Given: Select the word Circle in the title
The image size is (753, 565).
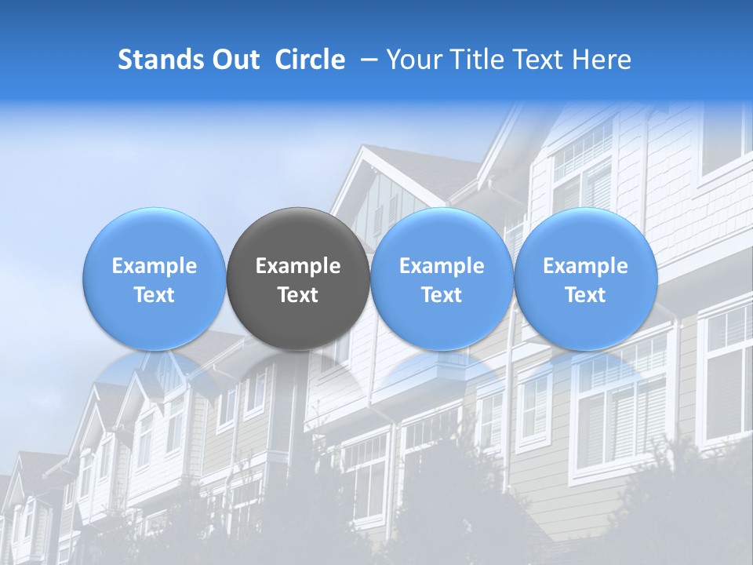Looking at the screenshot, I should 310,60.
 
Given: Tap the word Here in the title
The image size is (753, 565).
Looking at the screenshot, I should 600,60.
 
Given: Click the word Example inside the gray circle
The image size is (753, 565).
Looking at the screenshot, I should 298,266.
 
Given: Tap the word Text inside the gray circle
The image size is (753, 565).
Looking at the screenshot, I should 298,295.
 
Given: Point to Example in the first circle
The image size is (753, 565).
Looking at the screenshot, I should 155,266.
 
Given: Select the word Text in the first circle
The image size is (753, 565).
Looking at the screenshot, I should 155,295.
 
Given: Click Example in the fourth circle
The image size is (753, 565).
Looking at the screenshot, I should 586,266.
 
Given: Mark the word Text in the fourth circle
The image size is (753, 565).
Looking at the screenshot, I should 586,295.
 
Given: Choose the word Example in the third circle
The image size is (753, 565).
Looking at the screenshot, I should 442,266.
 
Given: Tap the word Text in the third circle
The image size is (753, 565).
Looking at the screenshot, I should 442,295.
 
